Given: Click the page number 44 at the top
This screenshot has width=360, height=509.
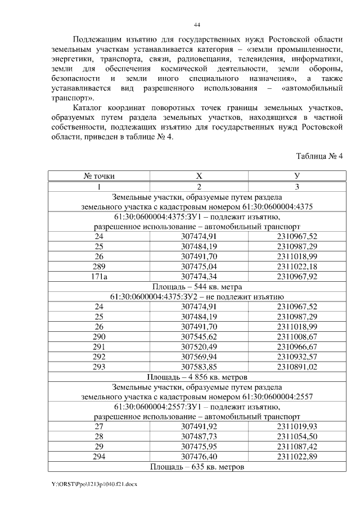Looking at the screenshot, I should click(197, 25).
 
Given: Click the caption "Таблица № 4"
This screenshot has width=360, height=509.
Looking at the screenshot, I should click(318, 156).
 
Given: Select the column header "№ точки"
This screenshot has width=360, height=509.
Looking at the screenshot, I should click(99, 176).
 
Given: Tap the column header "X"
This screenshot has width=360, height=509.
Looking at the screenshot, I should click(199, 176).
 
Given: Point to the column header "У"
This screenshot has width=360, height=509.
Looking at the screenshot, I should click(297, 176).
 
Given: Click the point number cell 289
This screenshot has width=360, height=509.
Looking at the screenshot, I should click(99, 265).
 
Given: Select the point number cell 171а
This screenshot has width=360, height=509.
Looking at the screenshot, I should click(99, 276).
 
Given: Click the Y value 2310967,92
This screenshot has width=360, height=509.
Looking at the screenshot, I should click(297, 276).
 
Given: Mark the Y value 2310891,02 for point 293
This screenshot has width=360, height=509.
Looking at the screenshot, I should click(297, 366).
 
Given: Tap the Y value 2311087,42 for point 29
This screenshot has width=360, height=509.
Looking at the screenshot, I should click(297, 447).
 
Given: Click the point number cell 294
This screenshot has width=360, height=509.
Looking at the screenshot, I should click(99, 457).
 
